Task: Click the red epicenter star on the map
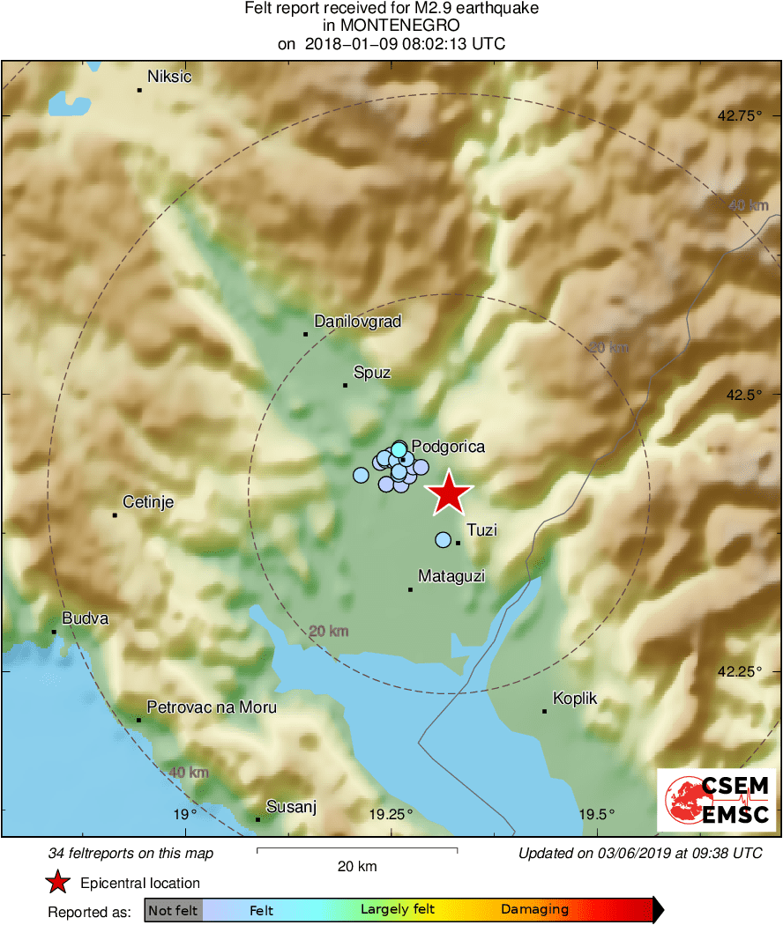[449, 493]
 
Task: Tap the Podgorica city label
[448, 447]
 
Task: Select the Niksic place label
[169, 77]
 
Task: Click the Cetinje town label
[148, 503]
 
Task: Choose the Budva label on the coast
[85, 618]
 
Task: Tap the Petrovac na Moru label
[212, 707]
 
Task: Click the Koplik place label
[575, 699]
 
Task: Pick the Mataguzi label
[451, 576]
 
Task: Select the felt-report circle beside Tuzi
[443, 540]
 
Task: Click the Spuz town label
[371, 373]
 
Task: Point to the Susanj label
[291, 807]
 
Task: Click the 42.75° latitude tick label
[738, 115]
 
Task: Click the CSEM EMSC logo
[716, 800]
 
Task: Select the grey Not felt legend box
[173, 910]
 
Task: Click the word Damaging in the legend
[534, 910]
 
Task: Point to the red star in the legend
[58, 882]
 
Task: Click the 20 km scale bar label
[357, 866]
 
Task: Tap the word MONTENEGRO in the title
[391, 26]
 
